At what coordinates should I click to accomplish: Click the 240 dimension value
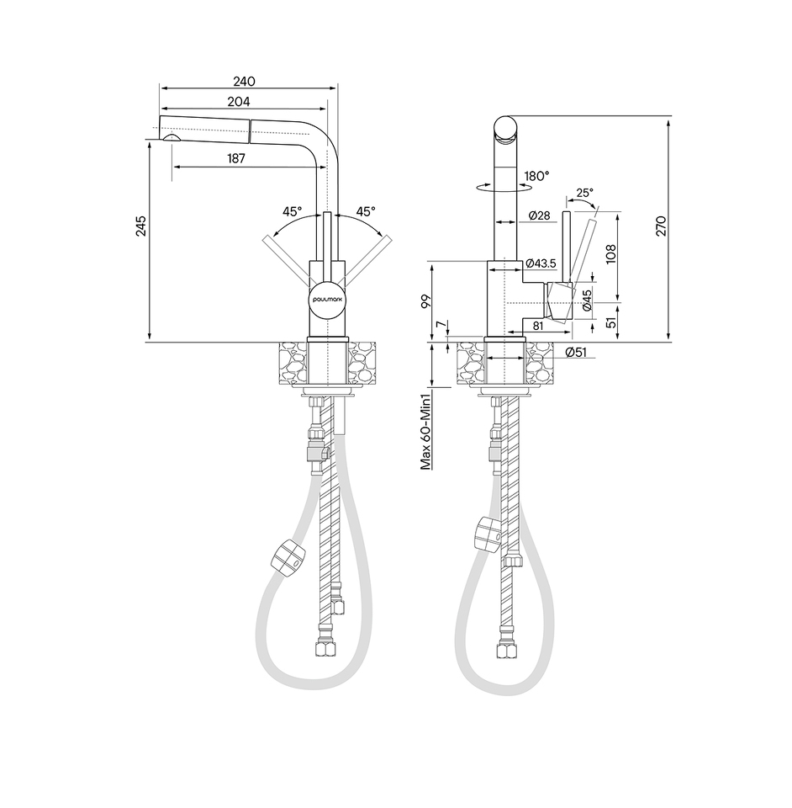pos(244,82)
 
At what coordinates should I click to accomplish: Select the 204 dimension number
pos(239,102)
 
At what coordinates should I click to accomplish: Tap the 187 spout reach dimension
pos(235,159)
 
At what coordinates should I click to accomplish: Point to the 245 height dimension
pos(141,226)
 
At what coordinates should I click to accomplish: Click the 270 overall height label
pos(662,226)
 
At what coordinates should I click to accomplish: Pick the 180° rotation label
pos(536,176)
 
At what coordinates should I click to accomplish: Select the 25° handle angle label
pos(584,193)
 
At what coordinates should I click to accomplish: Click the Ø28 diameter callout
pos(539,215)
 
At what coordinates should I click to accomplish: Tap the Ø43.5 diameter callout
pos(541,263)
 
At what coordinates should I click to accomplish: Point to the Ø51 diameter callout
pos(576,353)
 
